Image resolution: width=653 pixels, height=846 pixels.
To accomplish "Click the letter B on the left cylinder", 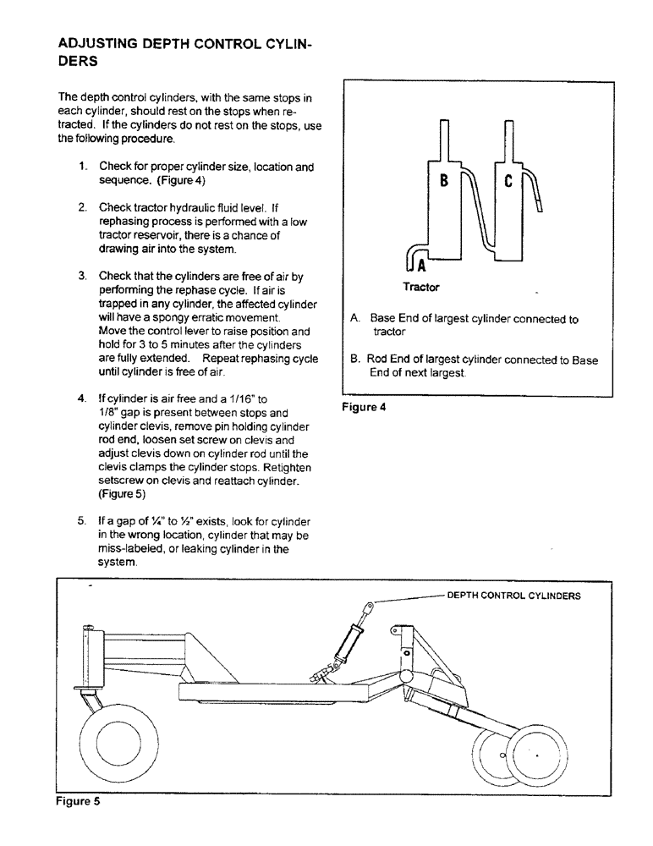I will tap(443, 182).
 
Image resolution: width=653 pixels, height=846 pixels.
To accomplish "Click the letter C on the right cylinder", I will tap(508, 181).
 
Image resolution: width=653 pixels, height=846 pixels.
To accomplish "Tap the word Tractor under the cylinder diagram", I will tap(420, 288).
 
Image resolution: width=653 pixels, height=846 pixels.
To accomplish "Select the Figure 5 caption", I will tap(78, 802).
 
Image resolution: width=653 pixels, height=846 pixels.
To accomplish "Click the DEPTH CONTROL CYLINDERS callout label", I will tap(513, 595).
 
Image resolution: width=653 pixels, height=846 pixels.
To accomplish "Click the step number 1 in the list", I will tap(83, 167).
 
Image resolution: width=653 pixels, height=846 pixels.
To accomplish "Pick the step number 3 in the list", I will tap(83, 276).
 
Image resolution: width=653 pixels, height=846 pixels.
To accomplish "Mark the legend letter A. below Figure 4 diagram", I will tap(355, 320).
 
